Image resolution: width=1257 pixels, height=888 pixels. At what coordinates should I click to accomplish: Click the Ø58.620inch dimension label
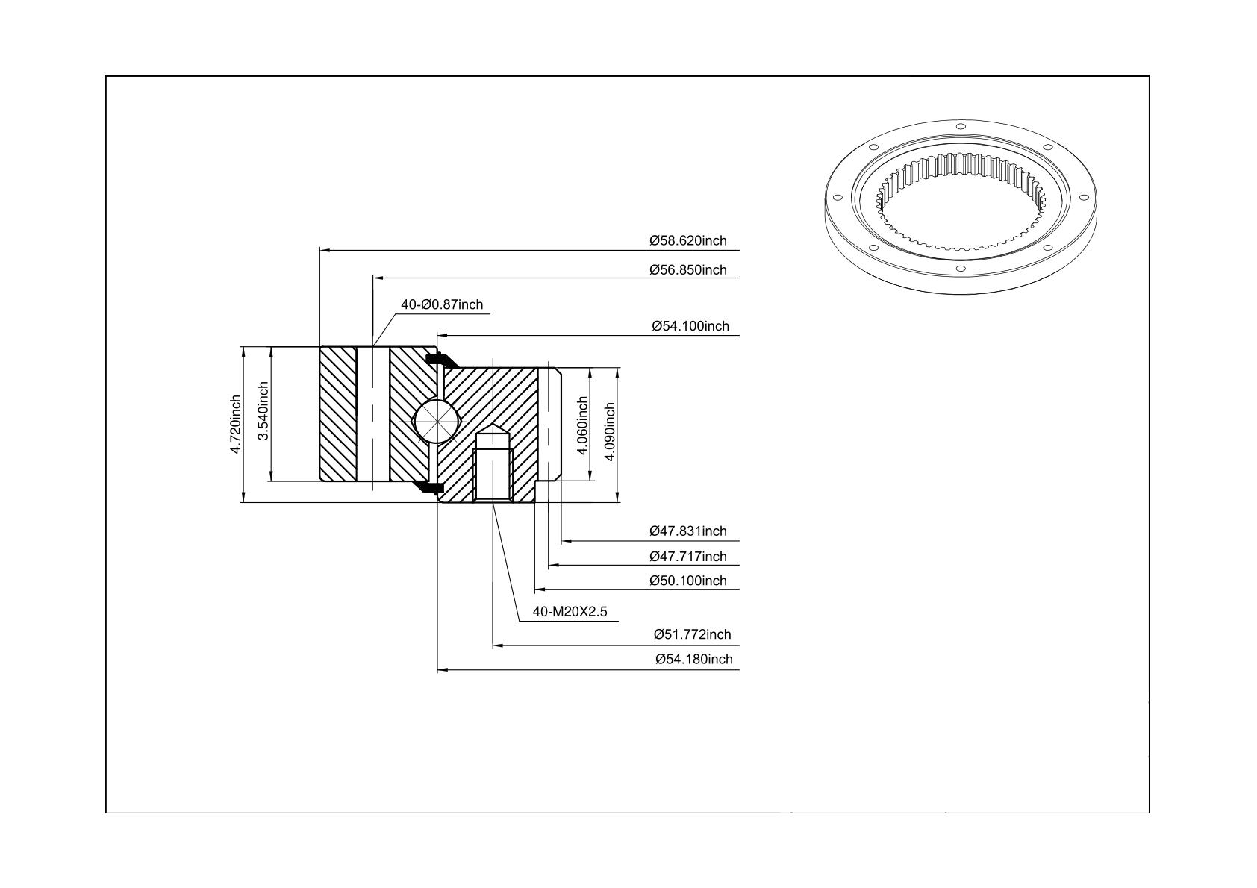[x=688, y=240]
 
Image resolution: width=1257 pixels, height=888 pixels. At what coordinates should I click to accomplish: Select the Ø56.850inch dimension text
[x=688, y=270]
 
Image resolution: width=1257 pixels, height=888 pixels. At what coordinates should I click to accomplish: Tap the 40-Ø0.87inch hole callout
[x=442, y=304]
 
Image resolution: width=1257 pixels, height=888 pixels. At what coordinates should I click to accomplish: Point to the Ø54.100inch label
[x=690, y=326]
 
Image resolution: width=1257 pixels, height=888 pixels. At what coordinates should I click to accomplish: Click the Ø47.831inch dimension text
[x=688, y=531]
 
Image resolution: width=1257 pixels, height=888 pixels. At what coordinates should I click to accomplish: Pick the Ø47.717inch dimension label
[x=688, y=557]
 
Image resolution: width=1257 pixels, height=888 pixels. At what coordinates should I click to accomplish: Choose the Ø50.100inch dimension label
[x=688, y=581]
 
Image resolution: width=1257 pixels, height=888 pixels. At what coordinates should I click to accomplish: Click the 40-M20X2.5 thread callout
[x=570, y=611]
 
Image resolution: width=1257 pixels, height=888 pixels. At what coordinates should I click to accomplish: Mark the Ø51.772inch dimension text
[x=693, y=634]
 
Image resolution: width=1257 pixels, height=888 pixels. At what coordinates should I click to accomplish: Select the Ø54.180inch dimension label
[x=694, y=659]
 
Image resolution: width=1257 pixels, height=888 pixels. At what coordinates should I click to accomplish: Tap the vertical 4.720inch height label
[x=236, y=424]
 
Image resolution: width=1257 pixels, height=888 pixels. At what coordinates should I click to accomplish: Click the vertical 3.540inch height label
[x=263, y=410]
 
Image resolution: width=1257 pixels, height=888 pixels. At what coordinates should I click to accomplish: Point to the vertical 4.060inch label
[x=582, y=426]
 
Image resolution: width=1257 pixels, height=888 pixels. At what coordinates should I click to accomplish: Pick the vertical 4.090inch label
[x=609, y=431]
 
